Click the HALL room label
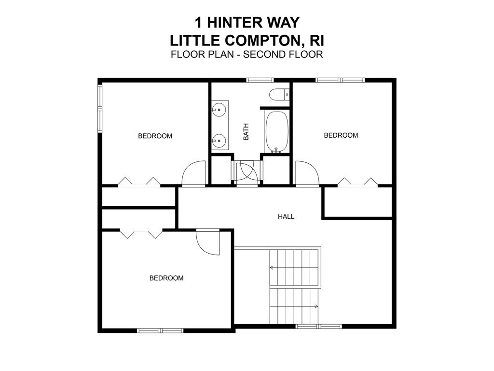click(x=286, y=217)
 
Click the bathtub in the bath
click(x=276, y=132)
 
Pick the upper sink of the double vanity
click(x=220, y=110)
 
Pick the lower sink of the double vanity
click(x=220, y=141)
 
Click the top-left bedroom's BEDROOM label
click(x=155, y=136)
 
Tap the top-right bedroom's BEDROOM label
click(x=341, y=135)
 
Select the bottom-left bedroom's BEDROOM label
click(x=166, y=278)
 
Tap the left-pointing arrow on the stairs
click(x=272, y=267)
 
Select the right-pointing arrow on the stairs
click(x=316, y=306)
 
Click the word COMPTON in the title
click(x=260, y=39)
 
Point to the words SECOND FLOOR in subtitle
click(x=283, y=54)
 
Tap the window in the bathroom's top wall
click(x=260, y=80)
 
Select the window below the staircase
click(x=318, y=327)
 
